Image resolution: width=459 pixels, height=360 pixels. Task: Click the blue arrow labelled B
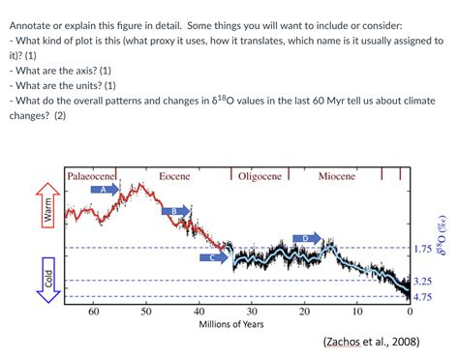click(175, 211)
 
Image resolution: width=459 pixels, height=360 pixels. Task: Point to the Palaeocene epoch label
click(93, 176)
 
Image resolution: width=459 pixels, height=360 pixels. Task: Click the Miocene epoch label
click(337, 176)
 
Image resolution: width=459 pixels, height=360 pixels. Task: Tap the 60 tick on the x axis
click(94, 312)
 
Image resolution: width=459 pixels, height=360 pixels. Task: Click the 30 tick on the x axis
click(252, 312)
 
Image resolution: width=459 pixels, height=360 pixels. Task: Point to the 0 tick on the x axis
click(410, 312)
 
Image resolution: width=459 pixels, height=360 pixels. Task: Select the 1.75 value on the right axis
click(422, 249)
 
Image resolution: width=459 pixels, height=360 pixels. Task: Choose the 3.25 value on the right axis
click(422, 281)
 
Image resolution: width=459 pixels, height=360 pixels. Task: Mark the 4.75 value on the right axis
click(422, 296)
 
